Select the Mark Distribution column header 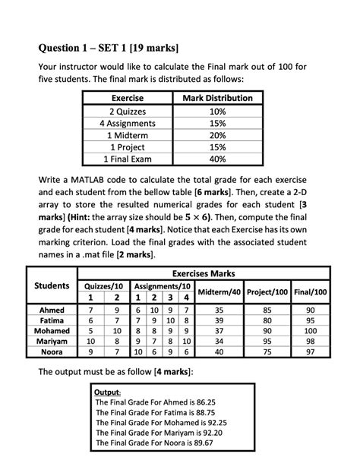pyautogui.click(x=218, y=99)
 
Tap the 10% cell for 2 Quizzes pyautogui.click(x=218, y=111)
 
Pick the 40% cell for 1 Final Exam pyautogui.click(x=218, y=159)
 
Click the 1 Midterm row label pyautogui.click(x=128, y=135)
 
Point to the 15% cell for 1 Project pyautogui.click(x=218, y=147)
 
